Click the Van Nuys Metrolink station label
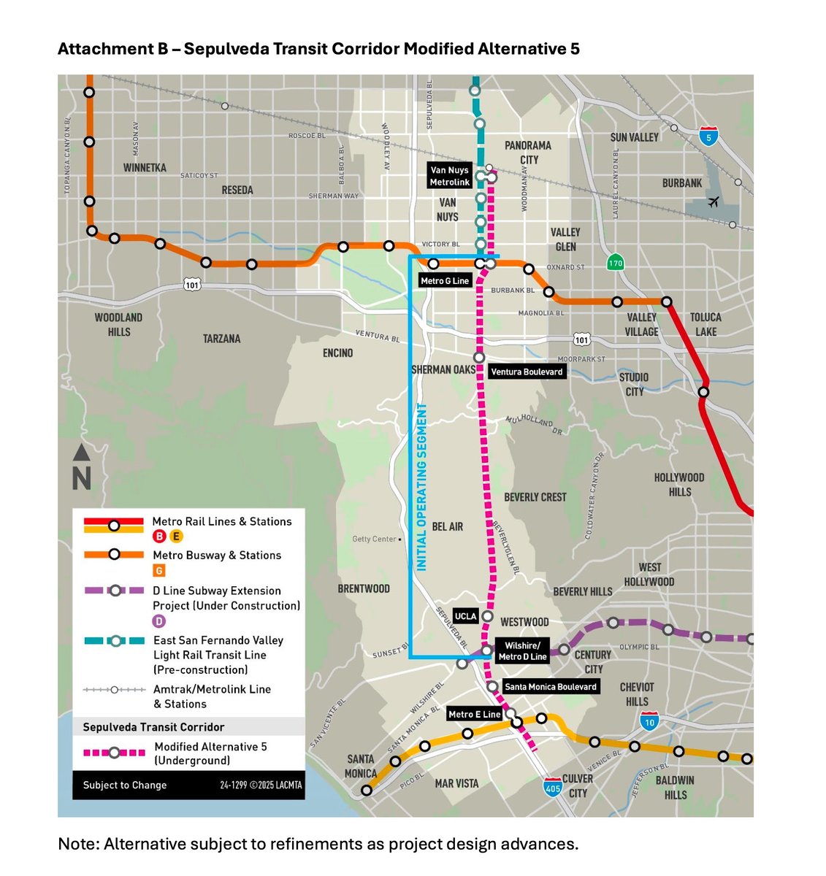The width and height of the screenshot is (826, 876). coord(450,176)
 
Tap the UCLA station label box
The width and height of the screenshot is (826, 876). coord(466,616)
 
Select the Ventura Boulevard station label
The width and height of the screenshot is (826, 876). coord(527,372)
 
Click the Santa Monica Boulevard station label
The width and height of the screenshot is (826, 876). coord(551,686)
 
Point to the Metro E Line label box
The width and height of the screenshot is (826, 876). coord(474,714)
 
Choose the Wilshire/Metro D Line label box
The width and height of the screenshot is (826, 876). coord(522,651)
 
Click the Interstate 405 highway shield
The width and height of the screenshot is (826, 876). coord(552,787)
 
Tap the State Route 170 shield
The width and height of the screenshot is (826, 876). coord(616,263)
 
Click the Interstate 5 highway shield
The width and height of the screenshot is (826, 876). coord(706,137)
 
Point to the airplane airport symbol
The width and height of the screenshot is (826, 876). coord(714,201)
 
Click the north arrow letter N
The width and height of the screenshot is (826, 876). coord(82,479)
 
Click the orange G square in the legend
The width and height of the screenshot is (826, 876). coord(159,571)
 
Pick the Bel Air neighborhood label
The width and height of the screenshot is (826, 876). coord(447,526)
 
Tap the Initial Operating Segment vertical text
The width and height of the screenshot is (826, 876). coord(422,486)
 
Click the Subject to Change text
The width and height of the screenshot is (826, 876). coord(125,785)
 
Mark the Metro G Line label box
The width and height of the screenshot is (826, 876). coord(445,280)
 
